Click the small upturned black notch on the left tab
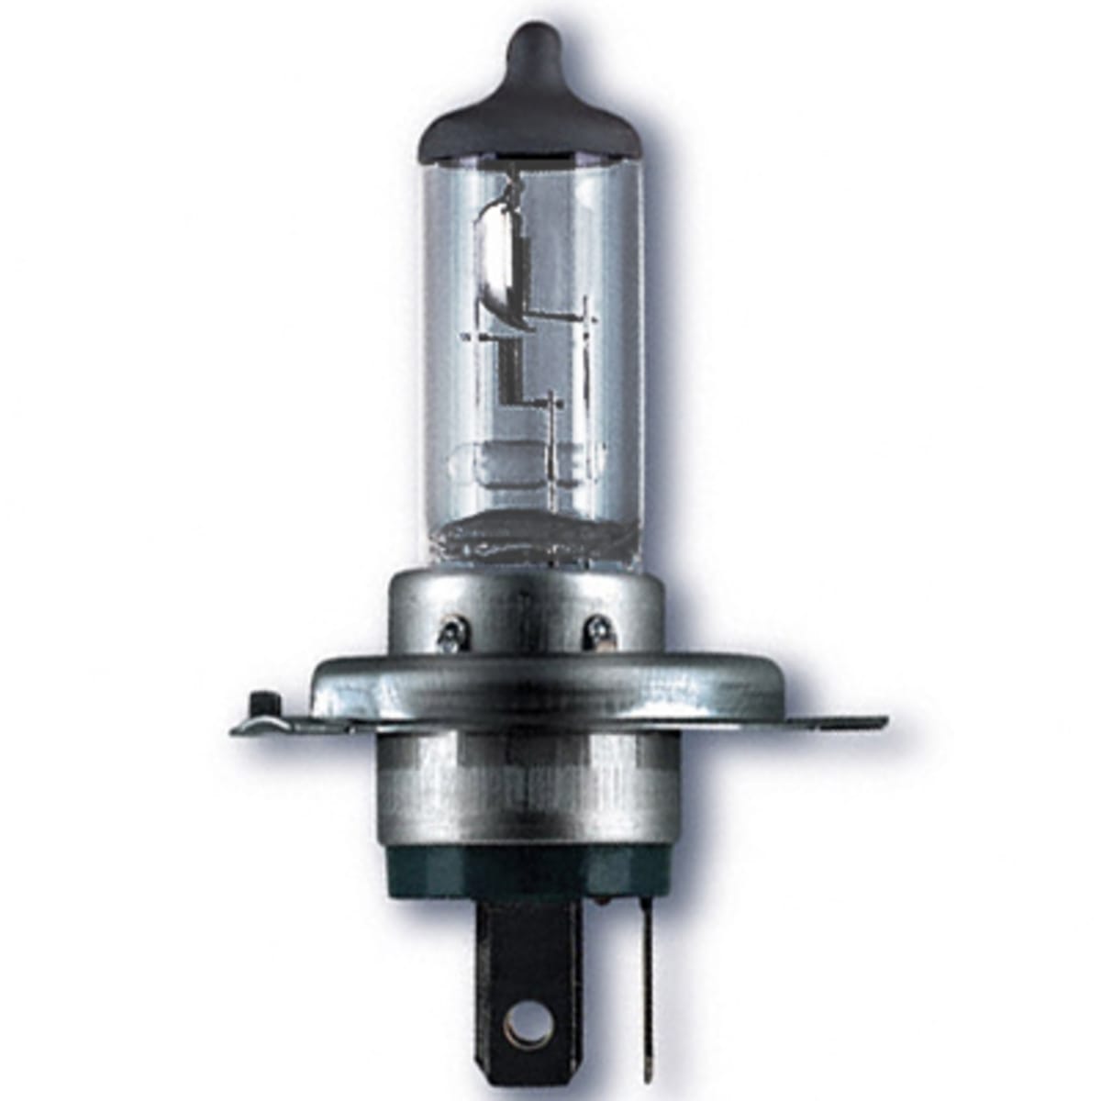(x=261, y=705)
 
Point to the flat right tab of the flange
(x=807, y=723)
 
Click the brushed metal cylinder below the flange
(x=523, y=789)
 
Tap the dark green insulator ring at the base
(x=523, y=872)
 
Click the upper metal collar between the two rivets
(x=523, y=606)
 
